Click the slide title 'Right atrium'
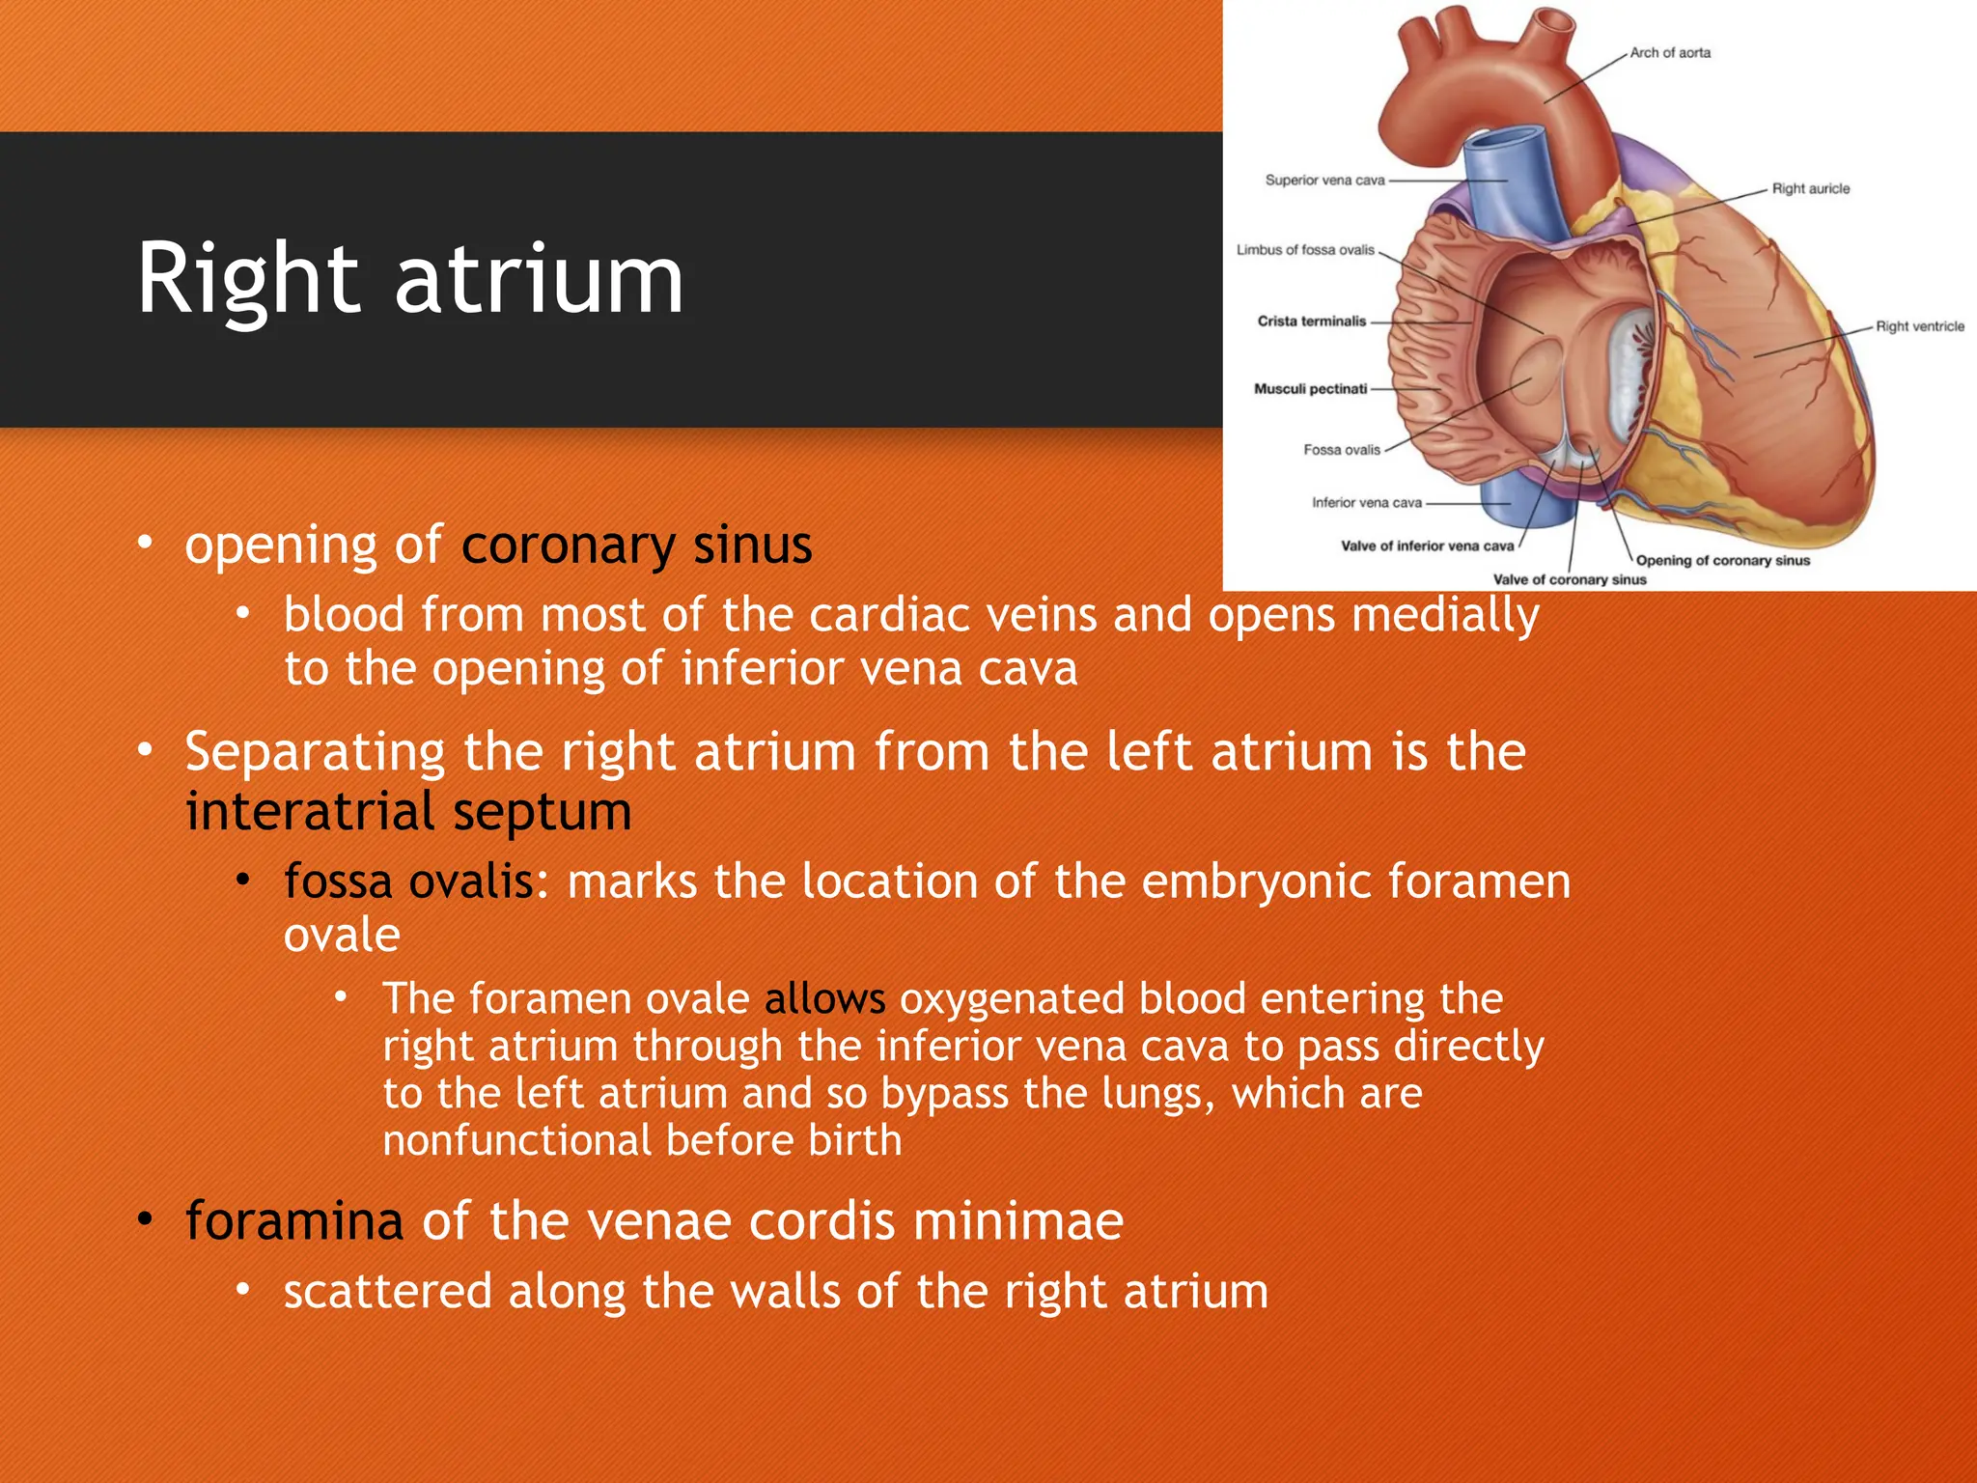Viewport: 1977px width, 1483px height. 410,279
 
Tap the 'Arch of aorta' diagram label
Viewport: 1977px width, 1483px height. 1670,53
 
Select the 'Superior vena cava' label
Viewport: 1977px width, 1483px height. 1324,181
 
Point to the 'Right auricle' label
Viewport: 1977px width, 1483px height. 1811,189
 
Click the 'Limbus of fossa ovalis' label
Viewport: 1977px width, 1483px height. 1305,250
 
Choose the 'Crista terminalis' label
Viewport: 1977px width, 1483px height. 1312,322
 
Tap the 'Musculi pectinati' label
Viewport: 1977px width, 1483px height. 1310,389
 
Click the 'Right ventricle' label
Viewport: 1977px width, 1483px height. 1920,326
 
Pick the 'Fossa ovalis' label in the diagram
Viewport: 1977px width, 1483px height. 1342,450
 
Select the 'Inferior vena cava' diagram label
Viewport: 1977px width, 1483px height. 1366,503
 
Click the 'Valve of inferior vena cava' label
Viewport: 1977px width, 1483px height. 1427,546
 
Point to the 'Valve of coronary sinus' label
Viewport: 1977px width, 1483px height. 1570,580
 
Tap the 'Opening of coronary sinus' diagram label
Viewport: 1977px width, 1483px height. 1723,561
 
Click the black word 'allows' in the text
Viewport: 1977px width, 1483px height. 824,998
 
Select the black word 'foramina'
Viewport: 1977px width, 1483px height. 293,1220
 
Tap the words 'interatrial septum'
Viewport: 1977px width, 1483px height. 408,811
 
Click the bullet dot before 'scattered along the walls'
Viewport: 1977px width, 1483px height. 243,1290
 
